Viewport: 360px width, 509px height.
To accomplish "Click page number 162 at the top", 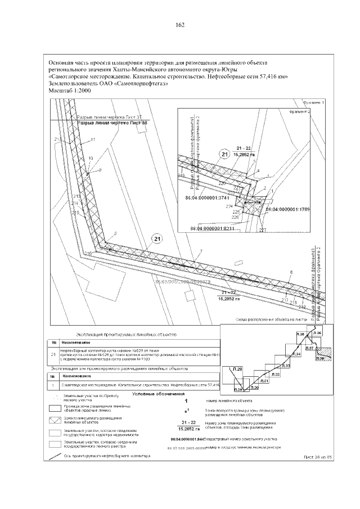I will pyautogui.click(x=180, y=25).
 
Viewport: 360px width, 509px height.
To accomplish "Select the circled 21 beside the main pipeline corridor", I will pyautogui.click(x=157, y=240).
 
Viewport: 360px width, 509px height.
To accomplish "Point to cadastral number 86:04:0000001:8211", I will pyautogui.click(x=215, y=229).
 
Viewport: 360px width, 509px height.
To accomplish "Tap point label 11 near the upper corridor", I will pyautogui.click(x=93, y=139).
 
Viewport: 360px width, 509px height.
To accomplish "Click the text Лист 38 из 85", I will pyautogui.click(x=318, y=457).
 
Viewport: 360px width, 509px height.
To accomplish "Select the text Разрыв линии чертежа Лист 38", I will pyautogui.click(x=111, y=122).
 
